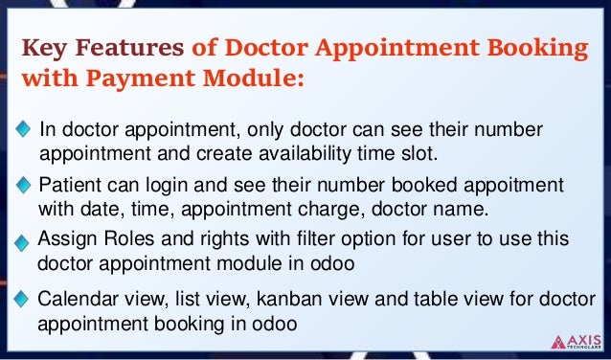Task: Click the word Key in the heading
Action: (x=44, y=47)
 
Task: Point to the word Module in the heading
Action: (x=252, y=79)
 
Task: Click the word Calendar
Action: (x=76, y=299)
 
